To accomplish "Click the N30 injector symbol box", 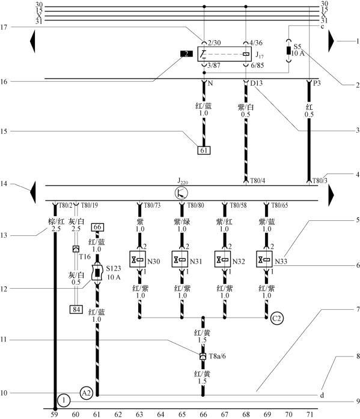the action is [x=138, y=259].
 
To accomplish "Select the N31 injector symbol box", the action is [x=180, y=259].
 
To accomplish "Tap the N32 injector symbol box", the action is [x=222, y=259].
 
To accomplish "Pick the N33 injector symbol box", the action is [x=264, y=259].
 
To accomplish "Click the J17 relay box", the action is [x=224, y=54].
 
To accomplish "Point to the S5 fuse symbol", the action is [x=288, y=50].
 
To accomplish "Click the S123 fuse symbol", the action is [x=97, y=273].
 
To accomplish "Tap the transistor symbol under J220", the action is [x=182, y=193].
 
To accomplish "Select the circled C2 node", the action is [x=276, y=318].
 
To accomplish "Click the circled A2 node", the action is [x=86, y=393].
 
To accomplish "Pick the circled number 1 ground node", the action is [x=64, y=400].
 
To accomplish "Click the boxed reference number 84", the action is [x=76, y=309].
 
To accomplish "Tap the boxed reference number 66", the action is [x=97, y=227].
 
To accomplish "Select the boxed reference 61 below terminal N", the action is [x=204, y=151].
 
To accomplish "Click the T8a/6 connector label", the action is [x=217, y=356].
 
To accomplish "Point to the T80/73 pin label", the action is [x=152, y=205].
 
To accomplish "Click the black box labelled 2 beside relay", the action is [x=186, y=53].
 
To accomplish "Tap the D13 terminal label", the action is [x=256, y=83].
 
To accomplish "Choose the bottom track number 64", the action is [x=160, y=414].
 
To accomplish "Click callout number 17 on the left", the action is [x=4, y=27].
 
